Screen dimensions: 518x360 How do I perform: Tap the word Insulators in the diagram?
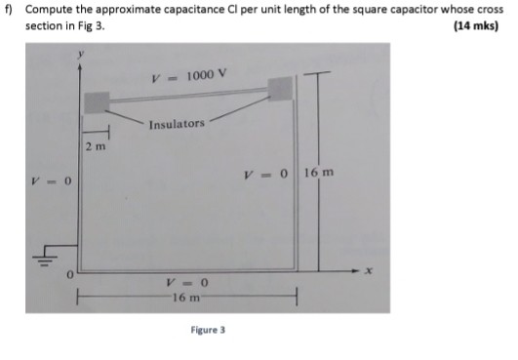178,124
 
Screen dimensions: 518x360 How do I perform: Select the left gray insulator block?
97,101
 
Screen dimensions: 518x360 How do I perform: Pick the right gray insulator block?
280,89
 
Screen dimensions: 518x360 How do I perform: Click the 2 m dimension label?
95,147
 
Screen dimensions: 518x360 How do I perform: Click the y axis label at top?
82,59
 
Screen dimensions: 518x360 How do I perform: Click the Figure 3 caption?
207,331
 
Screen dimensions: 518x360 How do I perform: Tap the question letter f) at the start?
10,10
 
